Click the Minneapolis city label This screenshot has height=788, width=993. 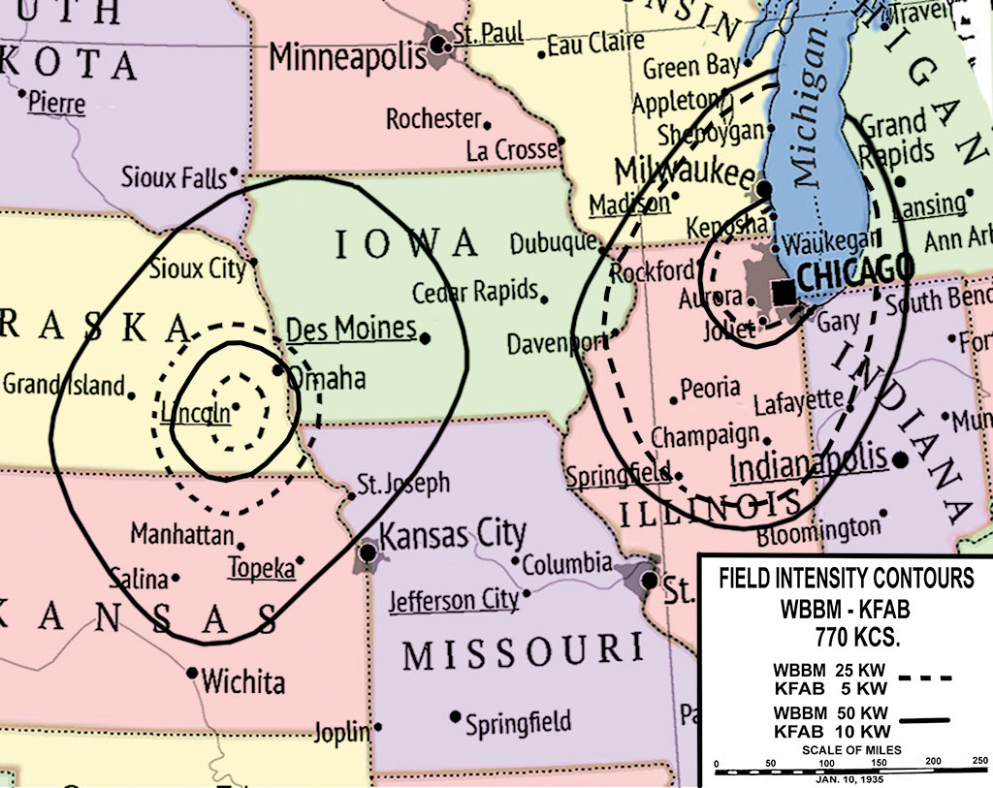347,57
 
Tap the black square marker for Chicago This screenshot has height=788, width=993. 785,290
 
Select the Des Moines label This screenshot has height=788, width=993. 351,329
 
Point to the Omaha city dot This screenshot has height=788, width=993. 278,370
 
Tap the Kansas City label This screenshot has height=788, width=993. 453,534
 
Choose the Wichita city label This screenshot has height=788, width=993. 242,681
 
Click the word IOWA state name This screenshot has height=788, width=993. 407,244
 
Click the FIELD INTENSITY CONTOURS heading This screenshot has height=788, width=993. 846,580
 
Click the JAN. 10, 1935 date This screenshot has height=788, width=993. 846,779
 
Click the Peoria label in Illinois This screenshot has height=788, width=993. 710,389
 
